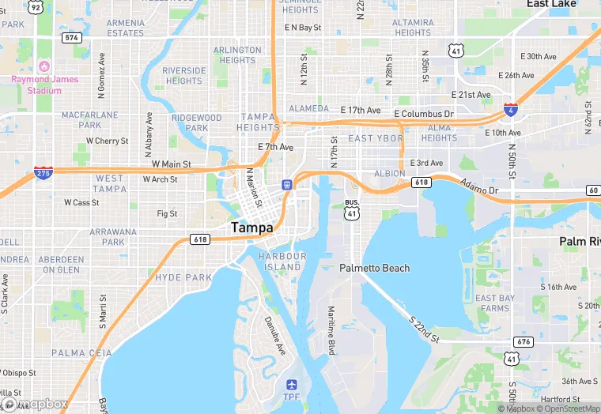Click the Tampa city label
coord(251,227)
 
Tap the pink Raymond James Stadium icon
coord(45,66)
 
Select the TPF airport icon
coord(292,385)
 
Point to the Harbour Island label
coord(282,262)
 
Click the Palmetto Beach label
coord(375,268)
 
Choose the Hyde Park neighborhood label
coord(184,277)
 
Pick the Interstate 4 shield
coord(511,110)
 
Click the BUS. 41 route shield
coord(352,209)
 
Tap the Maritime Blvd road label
coord(332,331)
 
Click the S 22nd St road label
coord(424,329)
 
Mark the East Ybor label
coord(376,138)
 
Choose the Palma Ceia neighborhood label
coord(76,352)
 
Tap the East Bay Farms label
coord(493,303)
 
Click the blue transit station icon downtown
coord(287,184)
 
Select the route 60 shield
coord(592,190)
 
